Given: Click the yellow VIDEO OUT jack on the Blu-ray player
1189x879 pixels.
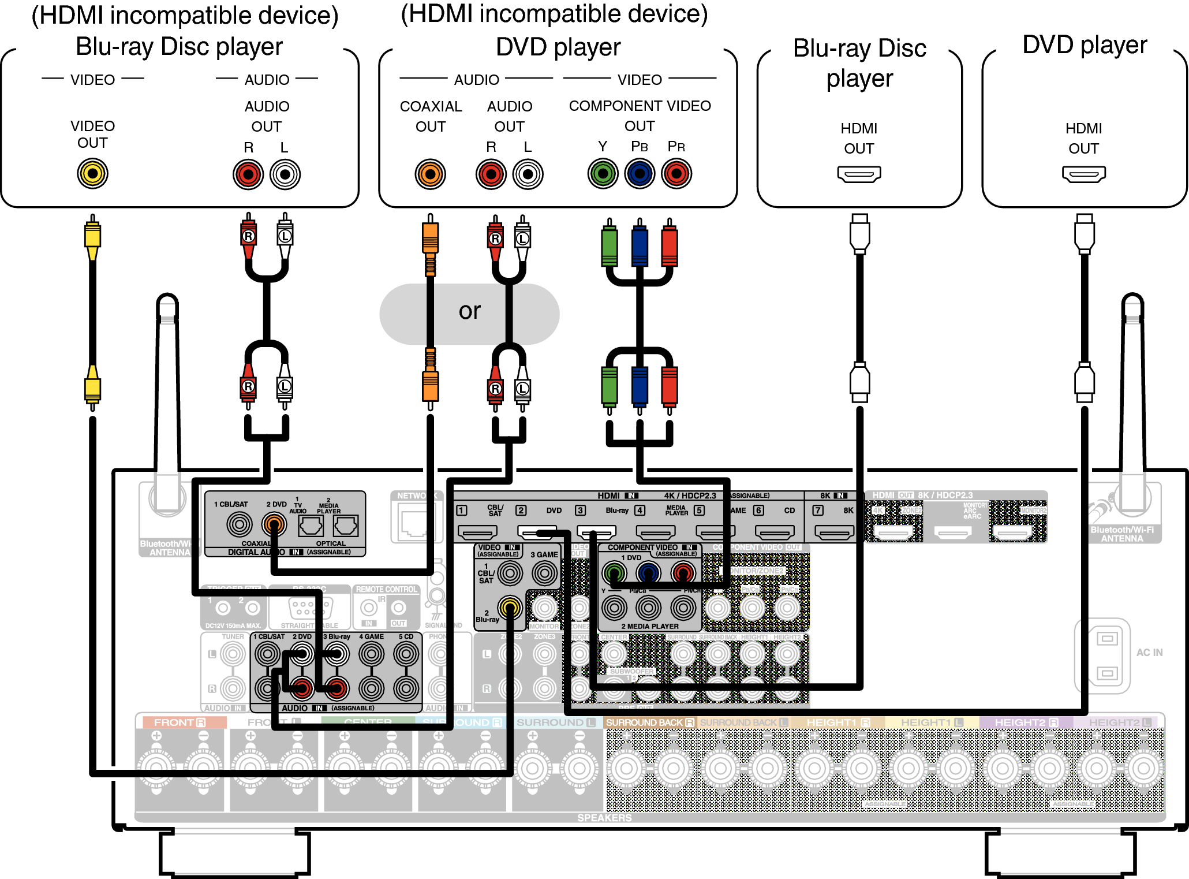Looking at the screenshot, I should [92, 173].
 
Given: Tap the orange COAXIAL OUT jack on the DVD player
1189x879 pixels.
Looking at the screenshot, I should [430, 174].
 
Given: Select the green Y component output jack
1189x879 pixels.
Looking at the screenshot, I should [603, 173].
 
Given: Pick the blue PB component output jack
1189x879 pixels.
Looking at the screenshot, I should [640, 173].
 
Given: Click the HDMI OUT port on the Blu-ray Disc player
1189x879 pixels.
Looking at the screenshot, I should [859, 174].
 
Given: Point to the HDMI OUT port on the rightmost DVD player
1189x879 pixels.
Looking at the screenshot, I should [1083, 174].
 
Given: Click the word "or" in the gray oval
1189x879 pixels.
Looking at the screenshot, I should [469, 312].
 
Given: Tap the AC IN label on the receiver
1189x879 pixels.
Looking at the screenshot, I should [1149, 653].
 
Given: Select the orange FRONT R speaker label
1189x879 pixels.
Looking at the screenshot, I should [180, 722].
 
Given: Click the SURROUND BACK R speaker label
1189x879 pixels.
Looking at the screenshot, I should [650, 722].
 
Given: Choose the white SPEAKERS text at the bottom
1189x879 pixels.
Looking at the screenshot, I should [604, 818].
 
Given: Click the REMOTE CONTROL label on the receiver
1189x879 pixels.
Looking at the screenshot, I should [386, 590].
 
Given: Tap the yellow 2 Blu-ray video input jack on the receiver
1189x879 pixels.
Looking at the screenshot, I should [510, 607].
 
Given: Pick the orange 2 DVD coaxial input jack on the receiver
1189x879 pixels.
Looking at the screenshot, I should [274, 524].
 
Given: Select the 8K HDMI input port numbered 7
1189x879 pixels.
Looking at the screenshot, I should [833, 531].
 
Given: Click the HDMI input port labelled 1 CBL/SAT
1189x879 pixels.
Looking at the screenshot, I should [477, 531].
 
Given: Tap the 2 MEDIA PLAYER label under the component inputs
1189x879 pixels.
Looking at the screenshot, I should [650, 626].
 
